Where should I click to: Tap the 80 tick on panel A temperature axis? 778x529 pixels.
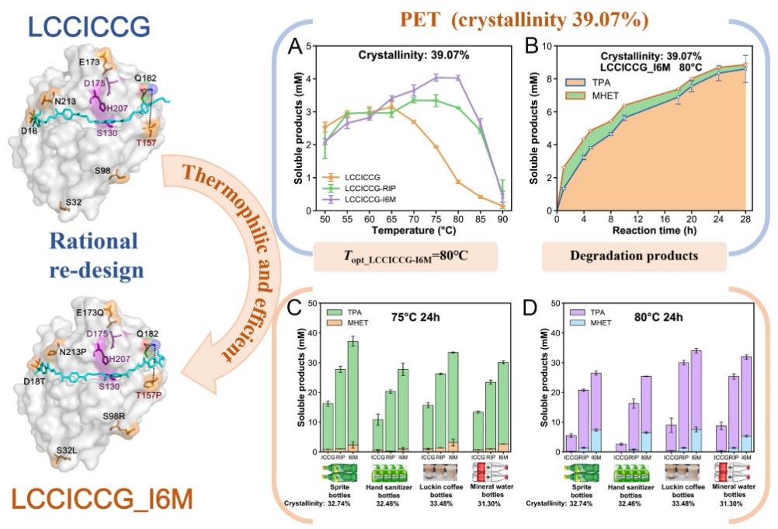(x=458, y=220)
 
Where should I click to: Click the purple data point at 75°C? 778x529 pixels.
(x=436, y=77)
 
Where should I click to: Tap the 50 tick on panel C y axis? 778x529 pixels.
(x=312, y=303)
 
